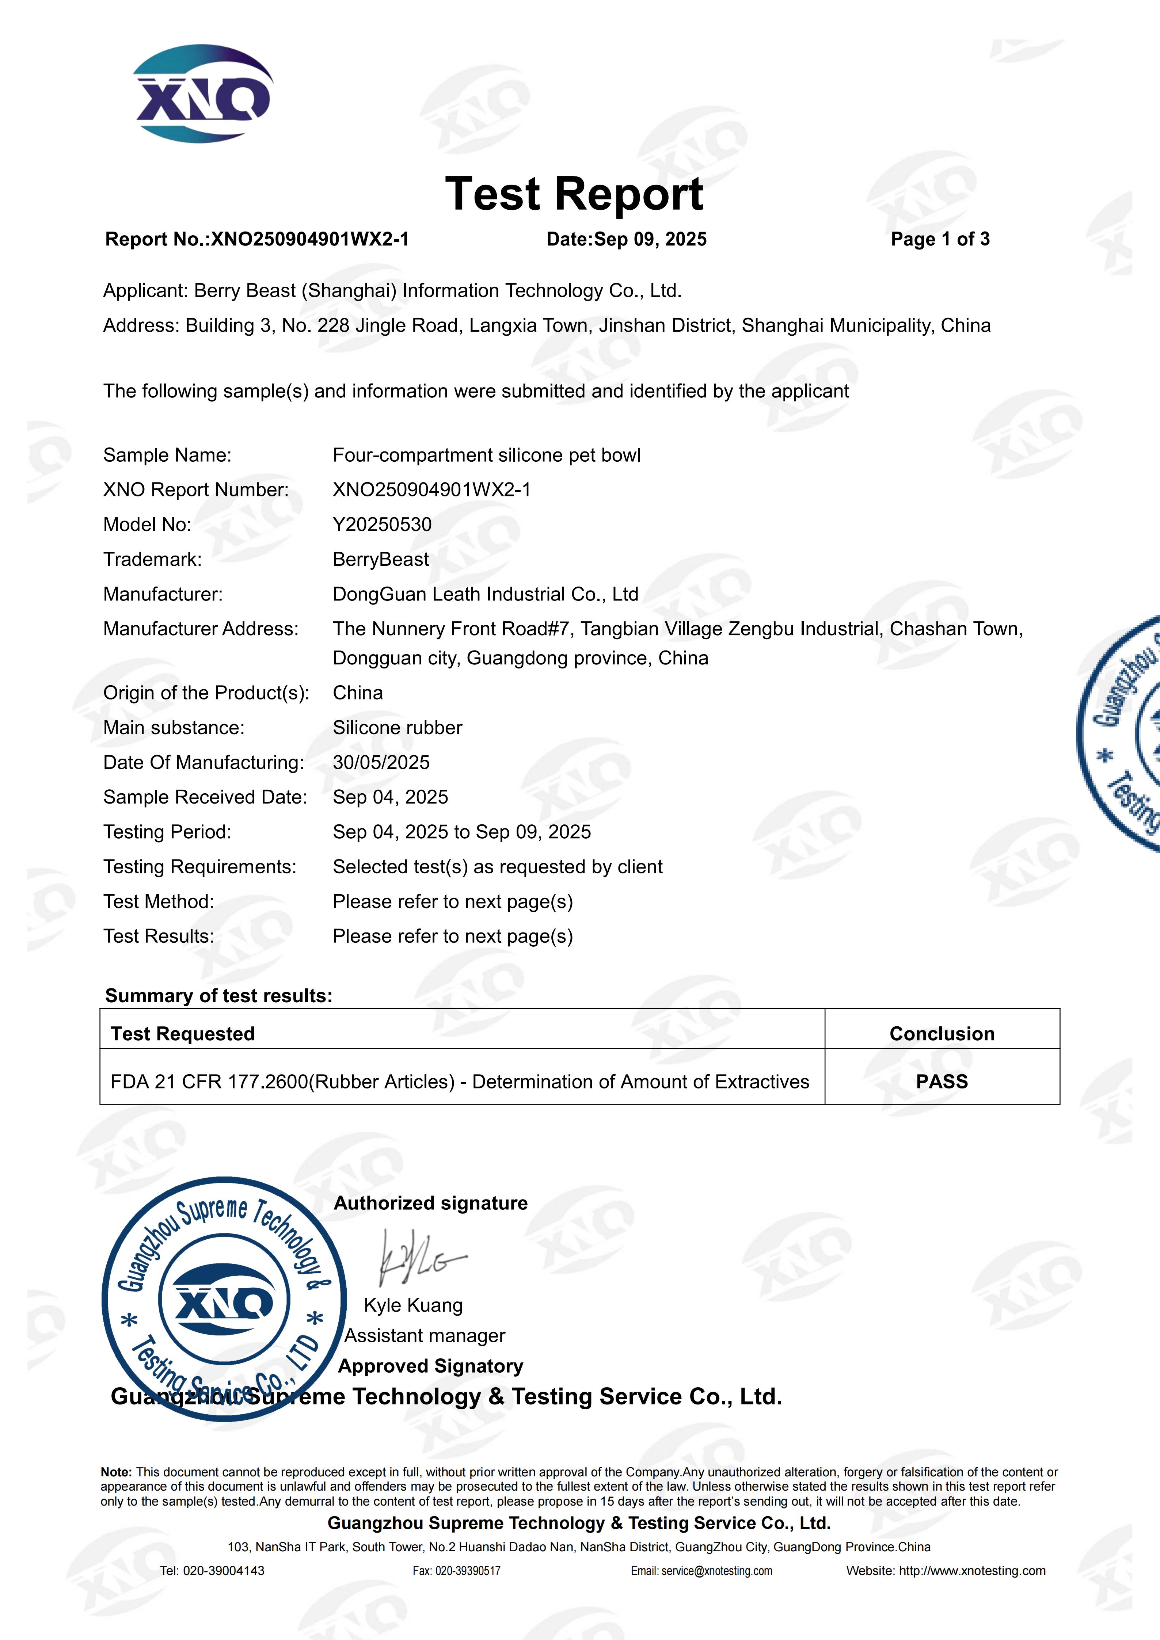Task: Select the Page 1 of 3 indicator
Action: (x=940, y=239)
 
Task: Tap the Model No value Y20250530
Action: (x=382, y=525)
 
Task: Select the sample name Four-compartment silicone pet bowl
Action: (x=486, y=456)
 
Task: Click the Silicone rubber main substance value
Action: (x=397, y=728)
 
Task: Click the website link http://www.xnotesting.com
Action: (x=971, y=1571)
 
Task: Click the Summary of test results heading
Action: (x=218, y=996)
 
